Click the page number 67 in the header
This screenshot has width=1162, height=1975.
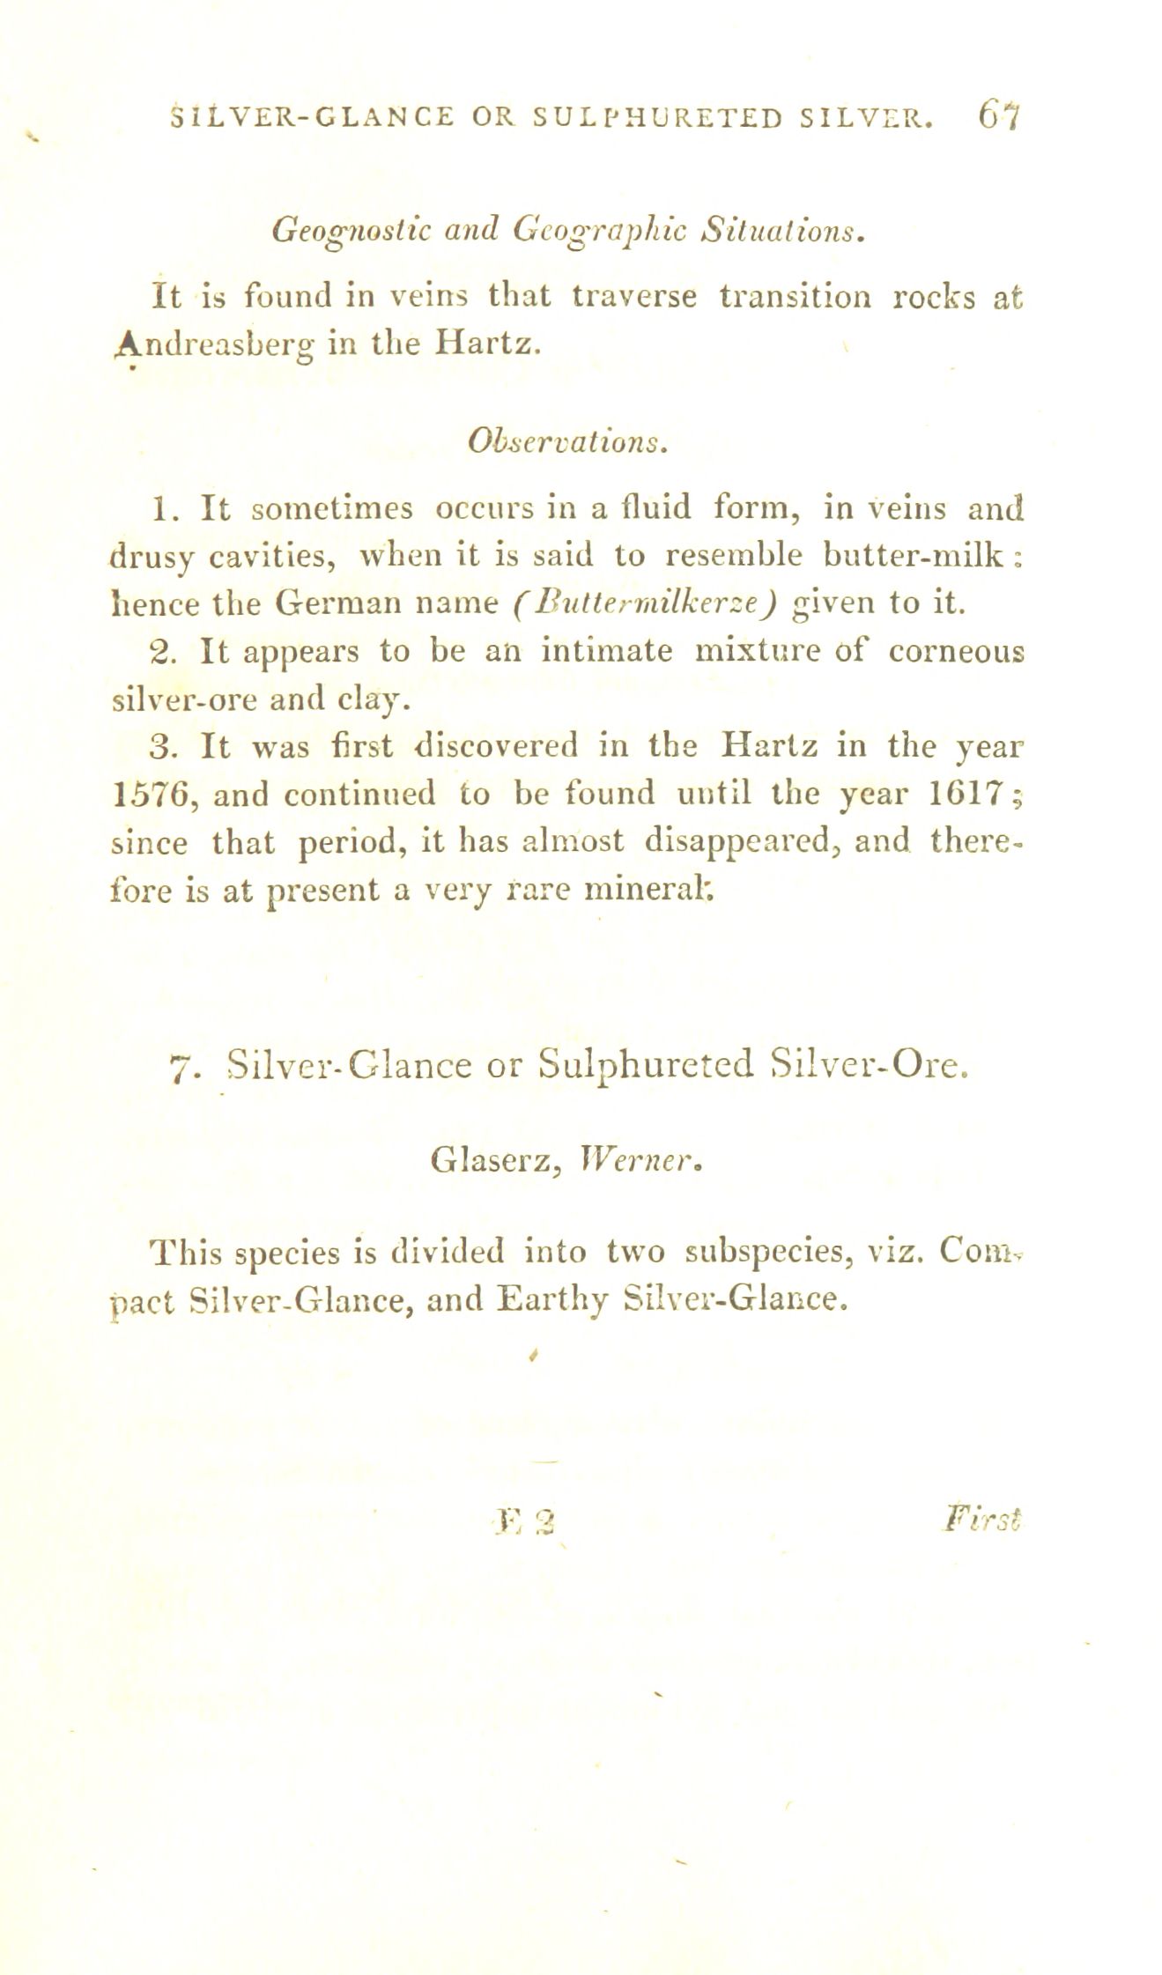998,115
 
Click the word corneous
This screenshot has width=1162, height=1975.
956,651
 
